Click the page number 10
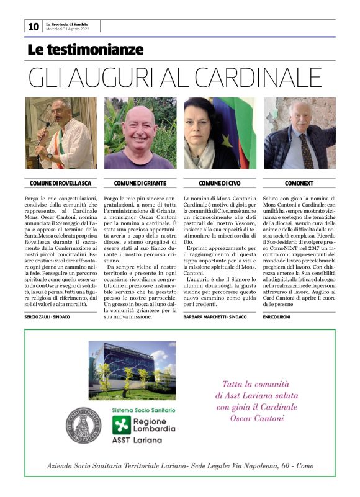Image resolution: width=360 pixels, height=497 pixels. (33, 26)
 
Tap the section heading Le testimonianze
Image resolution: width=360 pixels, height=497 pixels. (85, 50)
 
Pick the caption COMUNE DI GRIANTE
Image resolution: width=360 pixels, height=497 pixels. (140, 184)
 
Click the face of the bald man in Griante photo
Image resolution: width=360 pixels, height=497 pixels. (140, 125)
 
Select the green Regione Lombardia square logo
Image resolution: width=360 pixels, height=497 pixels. (121, 425)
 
